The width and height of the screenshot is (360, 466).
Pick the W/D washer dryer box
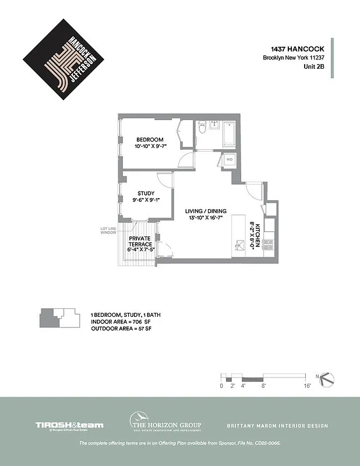click(x=228, y=159)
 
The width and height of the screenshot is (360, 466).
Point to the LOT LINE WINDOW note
click(x=108, y=230)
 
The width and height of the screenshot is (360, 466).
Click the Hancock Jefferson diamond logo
click(x=63, y=57)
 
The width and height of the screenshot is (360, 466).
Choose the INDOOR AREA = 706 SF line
click(x=121, y=322)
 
